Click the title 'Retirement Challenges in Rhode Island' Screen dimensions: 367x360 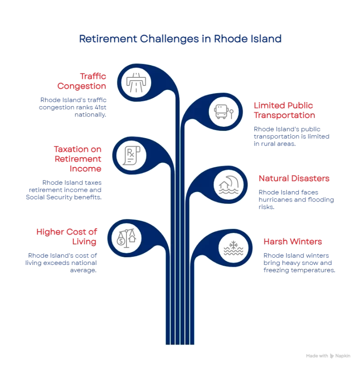pyautogui.click(x=180, y=39)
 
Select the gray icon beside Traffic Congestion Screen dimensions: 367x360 pyautogui.click(x=137, y=81)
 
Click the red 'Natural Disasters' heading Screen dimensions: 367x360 pyautogui.click(x=293, y=179)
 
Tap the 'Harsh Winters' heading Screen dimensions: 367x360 pyautogui.click(x=292, y=241)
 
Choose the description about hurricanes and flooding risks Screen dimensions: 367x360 pyautogui.click(x=296, y=200)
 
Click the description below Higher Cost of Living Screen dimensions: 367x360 pyautogui.click(x=63, y=263)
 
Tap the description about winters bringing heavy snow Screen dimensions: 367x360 pyautogui.click(x=299, y=263)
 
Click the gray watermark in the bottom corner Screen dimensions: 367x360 pyautogui.click(x=329, y=355)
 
